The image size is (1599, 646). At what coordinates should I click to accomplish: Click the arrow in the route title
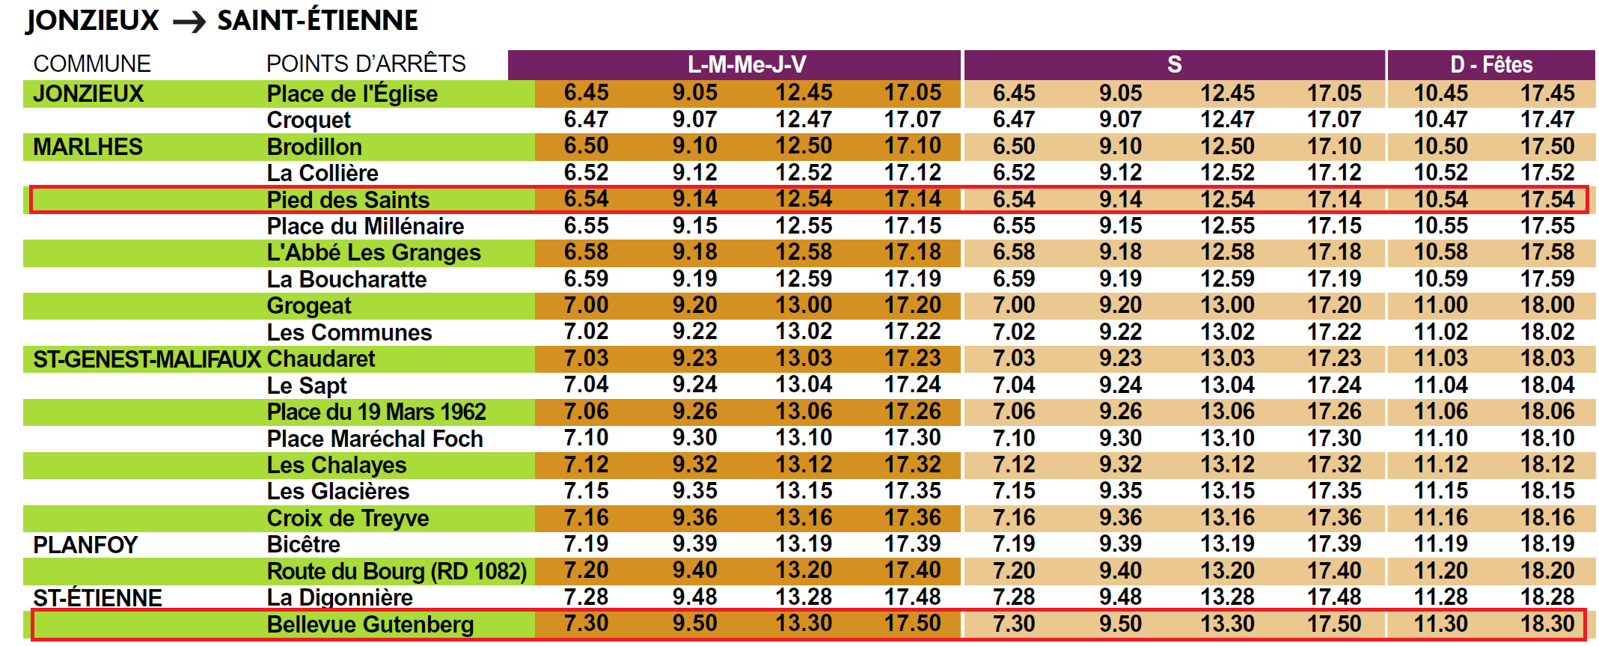coord(189,22)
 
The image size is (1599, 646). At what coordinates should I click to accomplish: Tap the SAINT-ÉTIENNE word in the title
coord(317,21)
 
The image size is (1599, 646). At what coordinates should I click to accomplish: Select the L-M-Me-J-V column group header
coord(746,65)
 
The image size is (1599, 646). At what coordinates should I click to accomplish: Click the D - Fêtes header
coord(1491,65)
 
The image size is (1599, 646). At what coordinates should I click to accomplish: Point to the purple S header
coord(1174,65)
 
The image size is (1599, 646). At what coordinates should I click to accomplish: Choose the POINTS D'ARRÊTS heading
coord(366,64)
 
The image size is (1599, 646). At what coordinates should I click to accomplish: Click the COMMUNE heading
coord(92,64)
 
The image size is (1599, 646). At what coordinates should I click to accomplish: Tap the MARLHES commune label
coord(88,147)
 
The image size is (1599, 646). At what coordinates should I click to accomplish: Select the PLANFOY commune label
coord(85,545)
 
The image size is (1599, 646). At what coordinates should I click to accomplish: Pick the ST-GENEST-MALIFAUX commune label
coord(147,359)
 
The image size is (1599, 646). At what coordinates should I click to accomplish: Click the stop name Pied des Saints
coord(348,200)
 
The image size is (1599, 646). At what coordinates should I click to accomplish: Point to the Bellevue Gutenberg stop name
coord(370,624)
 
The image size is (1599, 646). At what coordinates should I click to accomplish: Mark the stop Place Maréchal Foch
coord(375,439)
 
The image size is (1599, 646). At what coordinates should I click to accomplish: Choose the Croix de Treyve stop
coord(348,518)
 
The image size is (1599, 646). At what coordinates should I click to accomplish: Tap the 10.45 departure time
coord(1440,94)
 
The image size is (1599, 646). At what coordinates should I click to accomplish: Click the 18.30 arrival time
coord(1547,624)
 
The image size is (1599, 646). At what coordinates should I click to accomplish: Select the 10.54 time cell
coord(1440,200)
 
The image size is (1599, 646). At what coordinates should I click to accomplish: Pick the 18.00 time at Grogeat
coord(1547,305)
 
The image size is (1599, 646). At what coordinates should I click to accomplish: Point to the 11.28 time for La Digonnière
coord(1440,597)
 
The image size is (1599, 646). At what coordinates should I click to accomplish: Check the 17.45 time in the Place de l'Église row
coord(1547,94)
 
